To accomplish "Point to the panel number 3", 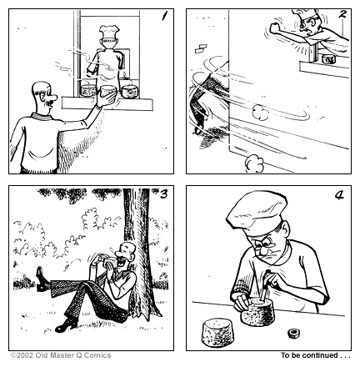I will (x=163, y=196).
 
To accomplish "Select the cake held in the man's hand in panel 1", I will (x=107, y=92).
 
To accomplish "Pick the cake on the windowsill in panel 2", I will (x=328, y=59).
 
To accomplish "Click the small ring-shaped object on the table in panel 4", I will (x=293, y=334).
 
